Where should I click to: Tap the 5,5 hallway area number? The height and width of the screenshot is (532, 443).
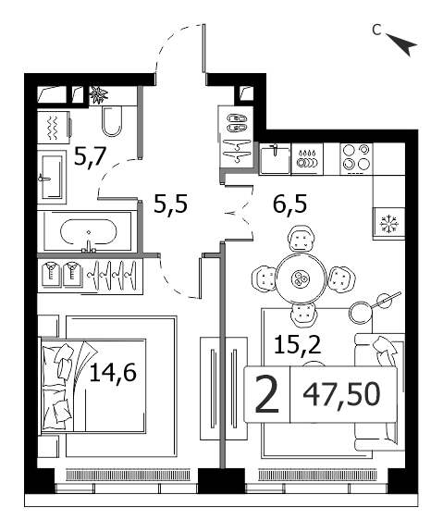pos(170,204)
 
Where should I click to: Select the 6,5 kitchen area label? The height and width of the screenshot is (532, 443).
pos(290,204)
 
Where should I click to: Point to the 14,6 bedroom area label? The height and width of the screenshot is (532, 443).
pos(113,372)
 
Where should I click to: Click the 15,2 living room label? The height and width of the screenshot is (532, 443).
pos(298,344)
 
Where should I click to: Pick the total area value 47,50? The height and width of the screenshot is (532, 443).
pos(341,394)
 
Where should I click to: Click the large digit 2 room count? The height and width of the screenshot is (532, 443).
pos(267,394)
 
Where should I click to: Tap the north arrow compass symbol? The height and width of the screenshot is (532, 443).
pos(402,44)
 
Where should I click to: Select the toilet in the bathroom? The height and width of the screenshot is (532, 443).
pos(112,121)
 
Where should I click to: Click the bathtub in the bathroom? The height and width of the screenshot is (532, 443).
pos(89,232)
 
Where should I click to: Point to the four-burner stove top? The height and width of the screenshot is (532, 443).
pos(356,159)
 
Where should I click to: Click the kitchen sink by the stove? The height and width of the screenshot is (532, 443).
pos(275,159)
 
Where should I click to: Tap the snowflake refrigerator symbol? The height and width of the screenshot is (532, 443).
pos(388,224)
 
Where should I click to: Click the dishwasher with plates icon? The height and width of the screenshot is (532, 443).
pos(307,159)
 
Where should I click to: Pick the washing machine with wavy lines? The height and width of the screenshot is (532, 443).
pos(55,128)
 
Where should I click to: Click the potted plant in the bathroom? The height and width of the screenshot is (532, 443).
pos(99,95)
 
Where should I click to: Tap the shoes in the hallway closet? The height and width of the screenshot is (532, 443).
pos(237,123)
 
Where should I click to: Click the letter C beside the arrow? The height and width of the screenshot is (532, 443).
pos(376,30)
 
